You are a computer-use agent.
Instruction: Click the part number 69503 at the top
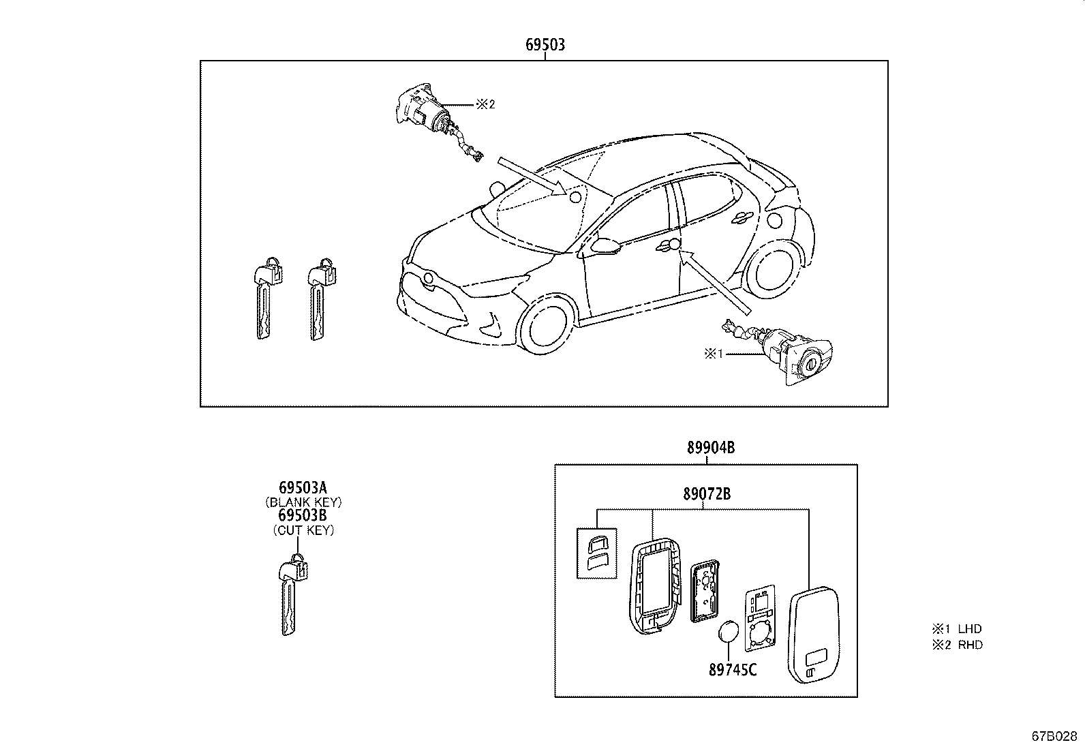545,45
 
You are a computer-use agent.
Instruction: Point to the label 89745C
733,670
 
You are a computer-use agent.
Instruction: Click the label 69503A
303,487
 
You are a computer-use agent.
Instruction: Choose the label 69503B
303,515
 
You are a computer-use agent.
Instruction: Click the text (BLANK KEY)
303,502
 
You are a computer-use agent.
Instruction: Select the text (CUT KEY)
303,530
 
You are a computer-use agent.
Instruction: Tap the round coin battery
729,631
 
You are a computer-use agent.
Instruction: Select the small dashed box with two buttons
596,553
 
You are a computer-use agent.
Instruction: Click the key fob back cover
815,633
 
